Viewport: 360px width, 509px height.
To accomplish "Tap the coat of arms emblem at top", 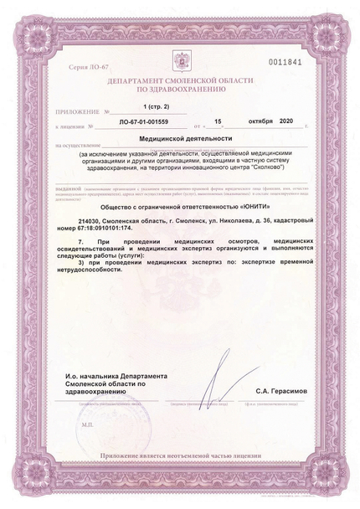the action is coord(179,64).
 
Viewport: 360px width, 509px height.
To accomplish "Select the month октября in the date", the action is coord(260,123).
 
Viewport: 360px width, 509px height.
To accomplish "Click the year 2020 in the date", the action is coord(289,123).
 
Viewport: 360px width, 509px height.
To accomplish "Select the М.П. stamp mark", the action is coord(89,424).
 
